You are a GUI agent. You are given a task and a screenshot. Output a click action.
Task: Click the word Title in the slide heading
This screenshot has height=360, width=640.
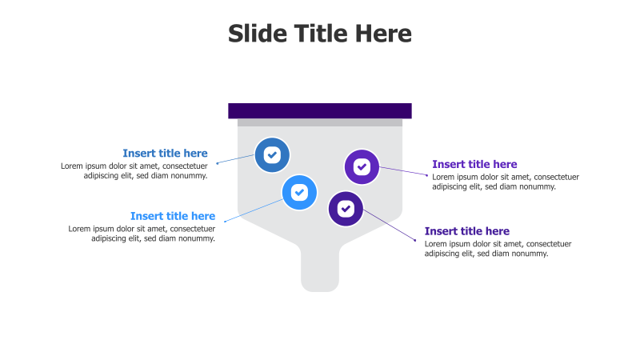coord(320,34)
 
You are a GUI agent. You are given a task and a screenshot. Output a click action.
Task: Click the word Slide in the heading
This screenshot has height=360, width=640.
coord(254,34)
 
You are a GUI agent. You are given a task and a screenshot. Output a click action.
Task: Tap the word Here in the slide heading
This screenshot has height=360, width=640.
coord(383,34)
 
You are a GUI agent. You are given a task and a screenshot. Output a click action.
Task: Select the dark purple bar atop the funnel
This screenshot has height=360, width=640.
coord(320,110)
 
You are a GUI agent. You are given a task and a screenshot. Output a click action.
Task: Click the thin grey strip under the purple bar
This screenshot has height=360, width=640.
coord(320,122)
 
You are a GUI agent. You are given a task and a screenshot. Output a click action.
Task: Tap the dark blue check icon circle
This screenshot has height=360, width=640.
coord(272,154)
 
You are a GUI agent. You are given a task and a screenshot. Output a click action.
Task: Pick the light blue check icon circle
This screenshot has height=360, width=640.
coord(299,192)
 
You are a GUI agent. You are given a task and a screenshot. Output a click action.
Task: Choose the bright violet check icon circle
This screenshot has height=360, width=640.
coord(362,166)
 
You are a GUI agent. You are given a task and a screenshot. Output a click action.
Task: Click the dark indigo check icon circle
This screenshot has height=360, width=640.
coord(346,209)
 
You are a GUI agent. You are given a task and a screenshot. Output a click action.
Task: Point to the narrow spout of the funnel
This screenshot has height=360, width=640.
coord(320,268)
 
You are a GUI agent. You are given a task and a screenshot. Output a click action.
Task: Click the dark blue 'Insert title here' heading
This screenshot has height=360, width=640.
coord(165,153)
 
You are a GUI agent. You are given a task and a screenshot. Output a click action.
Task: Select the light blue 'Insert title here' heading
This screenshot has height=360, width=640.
coord(173,215)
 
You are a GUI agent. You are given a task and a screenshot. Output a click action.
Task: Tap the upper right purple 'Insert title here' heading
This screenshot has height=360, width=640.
coord(474,164)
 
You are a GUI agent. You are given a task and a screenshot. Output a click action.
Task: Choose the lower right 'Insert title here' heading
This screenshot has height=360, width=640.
coord(466,231)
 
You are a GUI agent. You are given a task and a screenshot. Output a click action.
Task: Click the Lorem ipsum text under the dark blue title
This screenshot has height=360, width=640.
coord(134,170)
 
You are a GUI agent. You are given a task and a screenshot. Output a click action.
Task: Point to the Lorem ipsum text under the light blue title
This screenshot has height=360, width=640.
coord(142,233)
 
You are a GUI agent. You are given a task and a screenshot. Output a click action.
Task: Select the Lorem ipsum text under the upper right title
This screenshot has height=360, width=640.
coord(506,182)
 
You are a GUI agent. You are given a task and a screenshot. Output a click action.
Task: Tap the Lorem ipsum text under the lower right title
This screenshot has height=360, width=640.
coord(498,248)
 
